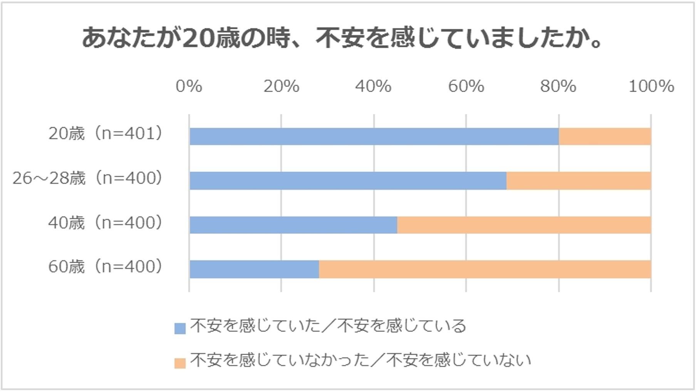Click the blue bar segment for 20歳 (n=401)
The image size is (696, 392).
tap(374, 136)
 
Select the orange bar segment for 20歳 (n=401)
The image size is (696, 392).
tap(605, 136)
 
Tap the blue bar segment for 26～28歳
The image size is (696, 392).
tap(348, 181)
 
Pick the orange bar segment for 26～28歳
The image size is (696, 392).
tap(579, 181)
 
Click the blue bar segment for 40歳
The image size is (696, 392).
tap(293, 225)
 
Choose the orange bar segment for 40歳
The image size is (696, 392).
tap(524, 225)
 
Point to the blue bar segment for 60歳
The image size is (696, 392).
tap(254, 269)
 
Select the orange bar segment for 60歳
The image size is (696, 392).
tap(485, 269)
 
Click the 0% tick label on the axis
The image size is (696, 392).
tap(189, 86)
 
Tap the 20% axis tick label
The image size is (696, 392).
tap(281, 86)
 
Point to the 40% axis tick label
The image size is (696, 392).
tap(373, 86)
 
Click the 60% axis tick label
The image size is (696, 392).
tap(466, 86)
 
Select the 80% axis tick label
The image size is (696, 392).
tap(558, 86)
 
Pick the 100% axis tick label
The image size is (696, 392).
tap(651, 86)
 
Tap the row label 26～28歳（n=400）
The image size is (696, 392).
tap(87, 178)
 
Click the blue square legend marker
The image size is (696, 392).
tap(180, 328)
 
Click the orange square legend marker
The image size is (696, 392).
tap(180, 363)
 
